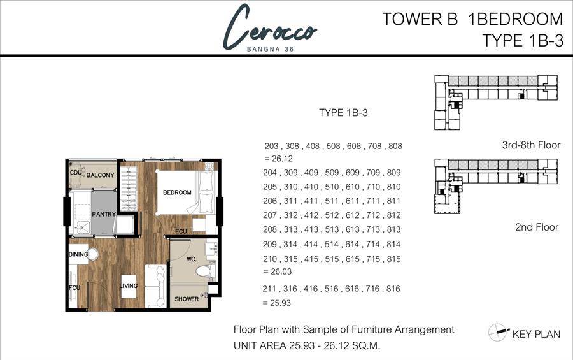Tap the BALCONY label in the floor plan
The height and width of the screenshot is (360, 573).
[x=100, y=175]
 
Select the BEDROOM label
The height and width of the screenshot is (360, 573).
[x=177, y=192]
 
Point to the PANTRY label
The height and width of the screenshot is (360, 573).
[x=104, y=214]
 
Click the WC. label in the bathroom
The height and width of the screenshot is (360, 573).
[x=192, y=259]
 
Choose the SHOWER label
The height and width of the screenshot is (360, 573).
[x=187, y=299]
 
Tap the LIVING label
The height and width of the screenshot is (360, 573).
[x=129, y=285]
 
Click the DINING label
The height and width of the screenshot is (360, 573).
[x=78, y=254]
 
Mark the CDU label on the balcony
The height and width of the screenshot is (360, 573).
[x=76, y=173]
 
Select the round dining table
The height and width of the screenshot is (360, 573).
[x=93, y=254]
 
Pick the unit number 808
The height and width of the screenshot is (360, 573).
[x=395, y=146]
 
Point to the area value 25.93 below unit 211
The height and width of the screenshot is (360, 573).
[x=280, y=303]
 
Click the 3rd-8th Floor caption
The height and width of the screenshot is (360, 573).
[x=531, y=145]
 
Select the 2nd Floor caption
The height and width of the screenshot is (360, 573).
[x=537, y=227]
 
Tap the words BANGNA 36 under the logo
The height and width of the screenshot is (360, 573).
[x=271, y=49]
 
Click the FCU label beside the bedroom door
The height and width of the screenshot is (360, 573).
[x=181, y=231]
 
